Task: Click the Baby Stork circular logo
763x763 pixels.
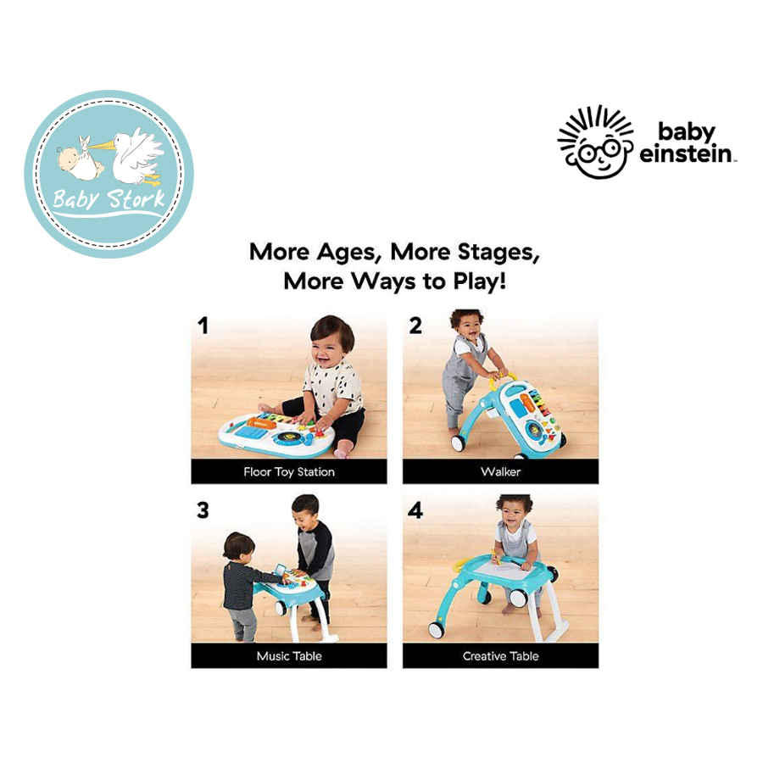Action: [x=109, y=174]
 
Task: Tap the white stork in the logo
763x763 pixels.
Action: [x=137, y=156]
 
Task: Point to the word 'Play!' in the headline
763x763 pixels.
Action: [x=480, y=281]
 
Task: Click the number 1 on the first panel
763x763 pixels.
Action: [x=203, y=326]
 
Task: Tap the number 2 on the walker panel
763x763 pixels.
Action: [x=415, y=326]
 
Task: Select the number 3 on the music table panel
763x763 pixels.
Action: [x=203, y=510]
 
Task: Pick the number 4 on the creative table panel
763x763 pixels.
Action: [x=415, y=510]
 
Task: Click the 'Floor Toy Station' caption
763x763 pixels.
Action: [x=289, y=472]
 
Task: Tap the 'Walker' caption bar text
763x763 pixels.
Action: [x=501, y=471]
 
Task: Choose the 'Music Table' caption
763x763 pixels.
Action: [x=289, y=656]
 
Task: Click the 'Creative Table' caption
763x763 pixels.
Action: [x=501, y=656]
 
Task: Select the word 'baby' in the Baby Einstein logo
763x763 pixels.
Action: [x=687, y=132]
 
